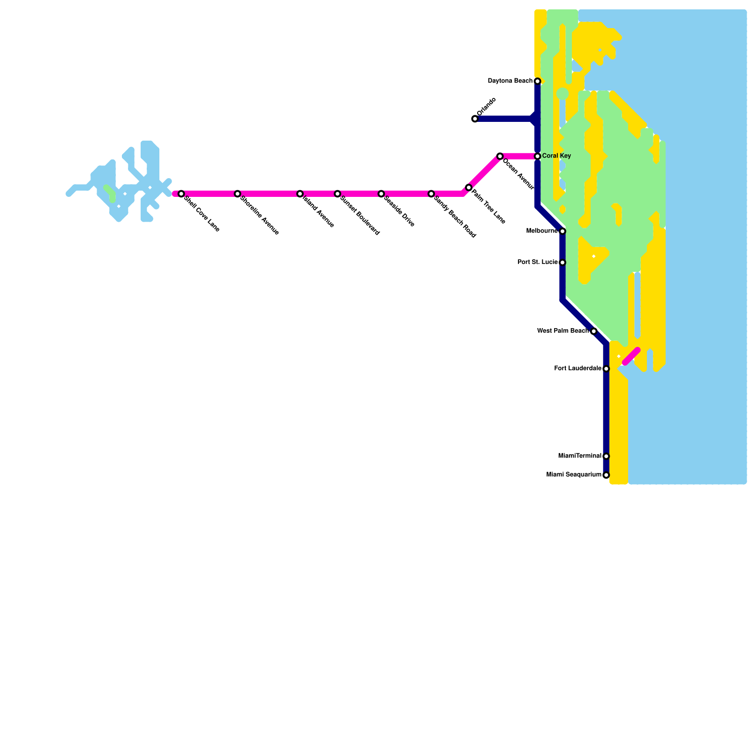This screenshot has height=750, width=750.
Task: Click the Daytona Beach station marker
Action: coord(538,82)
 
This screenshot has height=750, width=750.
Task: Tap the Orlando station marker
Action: coord(475,119)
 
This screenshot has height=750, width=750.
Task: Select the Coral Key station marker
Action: coord(538,156)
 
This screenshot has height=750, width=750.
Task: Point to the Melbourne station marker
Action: coord(562,232)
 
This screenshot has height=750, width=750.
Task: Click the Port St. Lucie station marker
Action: coord(562,262)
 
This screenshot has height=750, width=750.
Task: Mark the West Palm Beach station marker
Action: coord(594,331)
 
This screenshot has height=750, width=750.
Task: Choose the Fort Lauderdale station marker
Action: coord(606,369)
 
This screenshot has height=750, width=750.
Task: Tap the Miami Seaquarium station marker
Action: coord(606,475)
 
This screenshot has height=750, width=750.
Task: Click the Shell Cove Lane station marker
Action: coord(181,194)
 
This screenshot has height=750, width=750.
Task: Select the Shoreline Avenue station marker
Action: coord(238,194)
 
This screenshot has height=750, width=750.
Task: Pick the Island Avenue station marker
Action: coord(300,194)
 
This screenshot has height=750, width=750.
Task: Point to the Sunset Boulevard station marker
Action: coord(337,194)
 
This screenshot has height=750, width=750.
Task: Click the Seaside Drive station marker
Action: coord(382,194)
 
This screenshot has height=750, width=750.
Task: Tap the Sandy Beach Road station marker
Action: coord(431,194)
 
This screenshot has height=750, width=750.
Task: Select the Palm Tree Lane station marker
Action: coord(469,187)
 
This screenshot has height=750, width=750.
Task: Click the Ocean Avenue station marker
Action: coord(500,156)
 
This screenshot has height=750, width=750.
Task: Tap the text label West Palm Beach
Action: coord(562,331)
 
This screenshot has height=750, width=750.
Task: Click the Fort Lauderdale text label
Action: coord(577,368)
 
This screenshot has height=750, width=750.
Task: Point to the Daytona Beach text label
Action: coord(510,81)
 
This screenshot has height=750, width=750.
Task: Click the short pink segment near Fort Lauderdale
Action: coord(631,356)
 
